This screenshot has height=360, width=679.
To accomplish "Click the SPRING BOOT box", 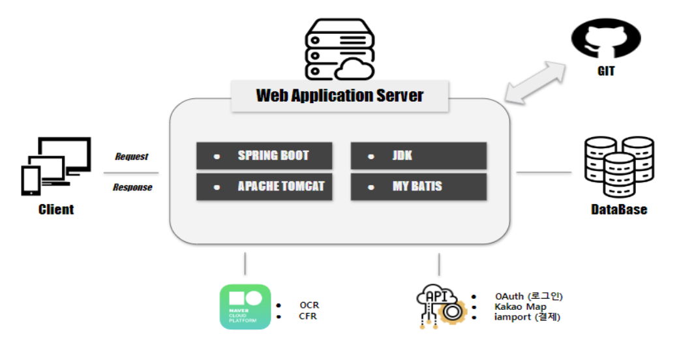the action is (x=264, y=155).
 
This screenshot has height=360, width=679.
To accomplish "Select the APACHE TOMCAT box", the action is (x=264, y=187).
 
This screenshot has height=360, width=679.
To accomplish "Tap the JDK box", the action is (x=419, y=155).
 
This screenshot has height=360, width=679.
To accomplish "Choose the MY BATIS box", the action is (x=419, y=187).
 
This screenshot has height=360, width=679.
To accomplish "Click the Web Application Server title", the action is (x=339, y=96).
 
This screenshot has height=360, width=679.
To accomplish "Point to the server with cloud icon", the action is (x=340, y=49).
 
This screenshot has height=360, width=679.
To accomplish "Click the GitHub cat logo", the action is (x=606, y=38).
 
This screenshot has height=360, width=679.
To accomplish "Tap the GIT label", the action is (x=606, y=71).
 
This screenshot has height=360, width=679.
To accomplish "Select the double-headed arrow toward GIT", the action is (x=536, y=82).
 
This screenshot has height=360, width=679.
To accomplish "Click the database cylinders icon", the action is (x=619, y=166).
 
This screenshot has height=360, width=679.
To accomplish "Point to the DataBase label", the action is (x=619, y=210).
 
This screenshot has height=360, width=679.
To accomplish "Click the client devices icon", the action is (x=56, y=166).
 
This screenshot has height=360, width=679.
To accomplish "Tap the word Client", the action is (x=56, y=210).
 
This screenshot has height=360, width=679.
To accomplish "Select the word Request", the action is (x=132, y=157).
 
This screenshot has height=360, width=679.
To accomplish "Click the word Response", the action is (x=132, y=187).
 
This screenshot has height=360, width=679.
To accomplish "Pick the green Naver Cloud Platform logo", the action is (x=245, y=307).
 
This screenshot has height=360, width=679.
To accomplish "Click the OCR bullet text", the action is (x=309, y=305).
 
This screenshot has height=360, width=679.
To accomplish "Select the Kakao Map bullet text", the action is (x=521, y=307).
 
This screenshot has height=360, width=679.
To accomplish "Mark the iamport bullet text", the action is (x=528, y=317).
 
